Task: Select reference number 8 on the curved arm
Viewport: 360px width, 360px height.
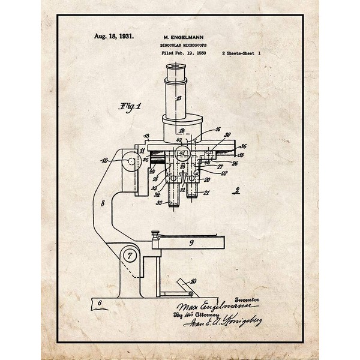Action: coord(103,204)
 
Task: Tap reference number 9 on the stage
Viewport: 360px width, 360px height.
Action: coord(191,244)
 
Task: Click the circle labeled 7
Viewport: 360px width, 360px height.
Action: coord(129,257)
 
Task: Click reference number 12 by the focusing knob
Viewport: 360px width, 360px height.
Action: coord(106,160)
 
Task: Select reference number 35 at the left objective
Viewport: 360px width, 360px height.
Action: coord(159,203)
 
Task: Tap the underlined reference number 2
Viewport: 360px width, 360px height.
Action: coord(238,191)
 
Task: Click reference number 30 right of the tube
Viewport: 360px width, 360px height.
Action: coord(227,136)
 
